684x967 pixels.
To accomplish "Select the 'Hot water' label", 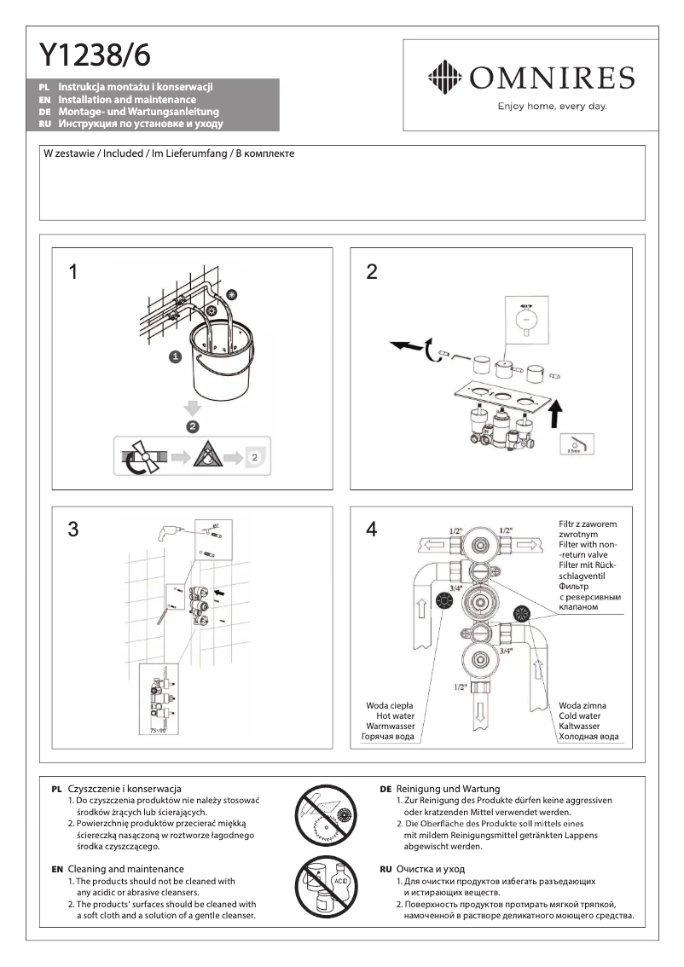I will pyautogui.click(x=395, y=715).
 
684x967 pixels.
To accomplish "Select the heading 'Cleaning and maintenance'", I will pyautogui.click(x=125, y=867).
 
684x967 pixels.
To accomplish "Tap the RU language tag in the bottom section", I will pyautogui.click(x=385, y=868).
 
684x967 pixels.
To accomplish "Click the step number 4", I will pyautogui.click(x=371, y=530).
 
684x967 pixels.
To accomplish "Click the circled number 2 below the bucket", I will pyautogui.click(x=193, y=424).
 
